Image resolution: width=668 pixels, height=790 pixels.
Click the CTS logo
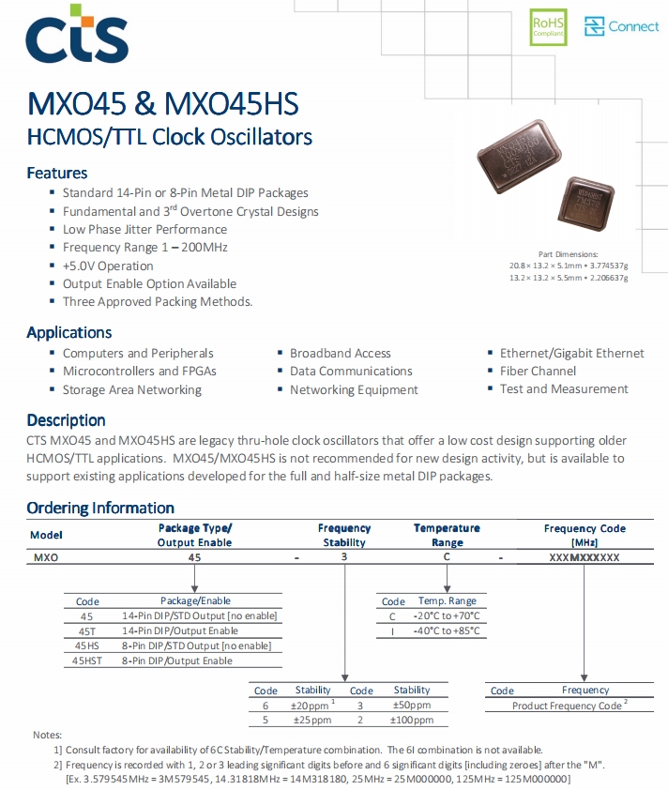(77, 36)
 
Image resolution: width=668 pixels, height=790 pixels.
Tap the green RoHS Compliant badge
(549, 26)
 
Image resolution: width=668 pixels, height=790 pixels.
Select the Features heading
(57, 174)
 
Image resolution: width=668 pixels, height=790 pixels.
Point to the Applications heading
(68, 333)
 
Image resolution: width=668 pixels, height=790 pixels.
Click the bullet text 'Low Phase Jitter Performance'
(144, 229)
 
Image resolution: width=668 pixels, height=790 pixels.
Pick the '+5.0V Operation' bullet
(108, 266)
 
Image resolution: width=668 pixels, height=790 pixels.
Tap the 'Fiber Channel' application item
(538, 371)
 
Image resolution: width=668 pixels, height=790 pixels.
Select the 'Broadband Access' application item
(340, 353)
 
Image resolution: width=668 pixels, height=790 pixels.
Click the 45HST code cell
(86, 661)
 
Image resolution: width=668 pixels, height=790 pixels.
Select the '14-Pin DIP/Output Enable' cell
(180, 630)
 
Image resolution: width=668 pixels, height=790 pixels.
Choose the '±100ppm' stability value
(411, 720)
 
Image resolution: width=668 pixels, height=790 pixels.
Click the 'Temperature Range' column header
(447, 535)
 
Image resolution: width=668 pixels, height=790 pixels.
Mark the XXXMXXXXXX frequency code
(584, 557)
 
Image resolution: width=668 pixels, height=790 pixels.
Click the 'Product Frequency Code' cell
(569, 705)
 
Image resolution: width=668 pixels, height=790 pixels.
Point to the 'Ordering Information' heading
(100, 508)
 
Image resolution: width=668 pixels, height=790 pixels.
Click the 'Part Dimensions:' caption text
(568, 254)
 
